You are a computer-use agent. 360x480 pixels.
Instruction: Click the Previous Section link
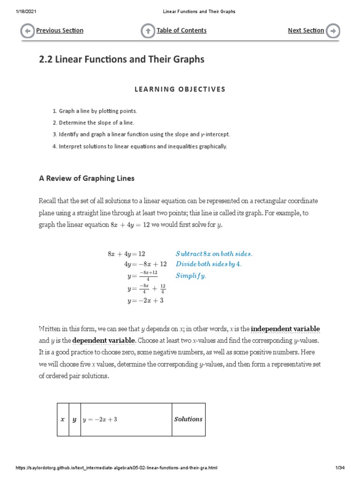click(x=60, y=30)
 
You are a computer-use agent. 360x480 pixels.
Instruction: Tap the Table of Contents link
click(x=181, y=30)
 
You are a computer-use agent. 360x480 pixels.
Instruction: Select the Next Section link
click(x=306, y=30)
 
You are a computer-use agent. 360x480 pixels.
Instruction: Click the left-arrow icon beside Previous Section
click(x=28, y=31)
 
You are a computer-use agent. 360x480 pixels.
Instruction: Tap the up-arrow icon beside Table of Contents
click(x=148, y=31)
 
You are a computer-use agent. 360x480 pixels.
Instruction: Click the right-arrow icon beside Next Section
click(x=333, y=31)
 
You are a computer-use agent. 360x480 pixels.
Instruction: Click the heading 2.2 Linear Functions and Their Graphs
click(x=121, y=60)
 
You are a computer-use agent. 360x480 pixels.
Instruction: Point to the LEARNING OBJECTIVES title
click(x=180, y=89)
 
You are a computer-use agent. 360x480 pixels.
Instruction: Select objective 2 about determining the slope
click(x=93, y=123)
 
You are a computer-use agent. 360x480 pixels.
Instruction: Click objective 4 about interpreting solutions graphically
click(x=140, y=146)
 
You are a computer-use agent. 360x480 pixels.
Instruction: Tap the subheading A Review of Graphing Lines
click(x=86, y=178)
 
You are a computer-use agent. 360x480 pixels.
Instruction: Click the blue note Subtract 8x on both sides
click(x=214, y=254)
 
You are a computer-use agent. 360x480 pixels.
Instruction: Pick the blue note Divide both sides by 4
click(x=209, y=264)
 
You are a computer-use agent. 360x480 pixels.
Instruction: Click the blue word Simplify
click(x=191, y=276)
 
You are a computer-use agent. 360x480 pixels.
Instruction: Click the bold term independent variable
click(x=285, y=329)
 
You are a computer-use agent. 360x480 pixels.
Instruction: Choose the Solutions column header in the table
click(x=188, y=419)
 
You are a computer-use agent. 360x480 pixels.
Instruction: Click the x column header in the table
click(x=62, y=420)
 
